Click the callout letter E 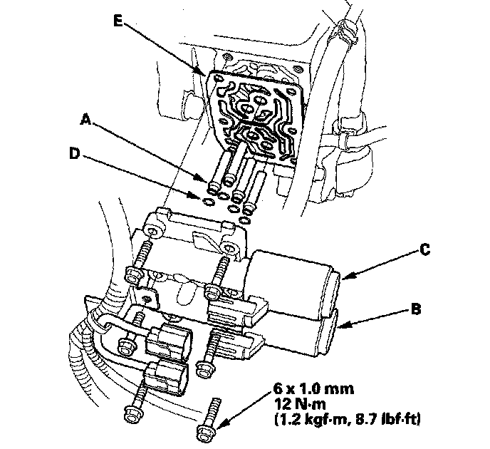119,21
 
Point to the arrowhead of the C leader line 341,277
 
